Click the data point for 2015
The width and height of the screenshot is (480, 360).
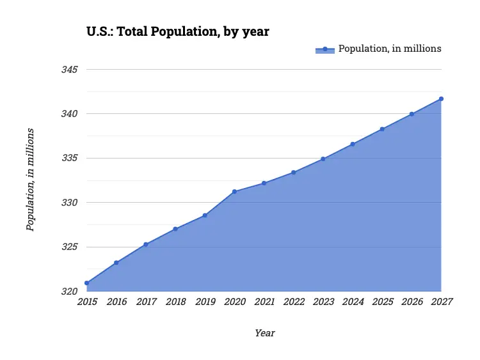coord(86,283)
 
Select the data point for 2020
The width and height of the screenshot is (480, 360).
coord(234,191)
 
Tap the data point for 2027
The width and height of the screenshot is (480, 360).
coord(441,98)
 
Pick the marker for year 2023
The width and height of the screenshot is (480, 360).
coord(323,159)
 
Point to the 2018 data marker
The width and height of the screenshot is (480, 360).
coord(175,229)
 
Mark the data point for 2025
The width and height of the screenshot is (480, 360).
coord(382,129)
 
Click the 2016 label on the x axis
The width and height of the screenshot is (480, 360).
coord(116,302)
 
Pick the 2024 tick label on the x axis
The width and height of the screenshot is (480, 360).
coord(353,302)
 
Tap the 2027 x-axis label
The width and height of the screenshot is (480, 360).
coord(441,302)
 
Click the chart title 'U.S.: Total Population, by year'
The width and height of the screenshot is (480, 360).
coord(178,31)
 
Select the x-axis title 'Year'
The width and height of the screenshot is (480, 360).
coord(264,333)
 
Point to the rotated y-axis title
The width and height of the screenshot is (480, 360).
coord(30,180)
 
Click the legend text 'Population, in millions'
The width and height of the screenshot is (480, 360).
coord(390,49)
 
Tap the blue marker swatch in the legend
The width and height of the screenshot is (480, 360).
coord(325,49)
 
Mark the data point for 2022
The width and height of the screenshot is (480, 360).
coord(294,172)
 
